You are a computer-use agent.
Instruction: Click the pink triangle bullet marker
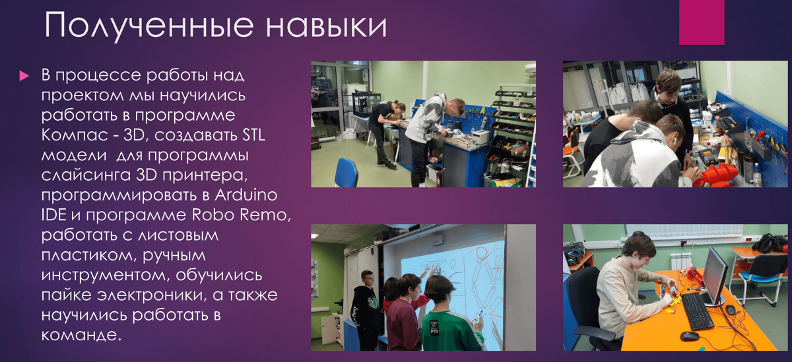(24, 76)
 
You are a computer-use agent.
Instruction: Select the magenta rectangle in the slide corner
(702, 22)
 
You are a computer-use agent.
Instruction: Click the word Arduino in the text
(246, 195)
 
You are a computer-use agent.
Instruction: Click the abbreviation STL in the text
(253, 135)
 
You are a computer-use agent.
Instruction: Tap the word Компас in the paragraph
(75, 136)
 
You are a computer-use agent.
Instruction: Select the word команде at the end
(81, 334)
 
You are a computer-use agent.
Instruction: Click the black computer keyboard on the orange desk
(696, 311)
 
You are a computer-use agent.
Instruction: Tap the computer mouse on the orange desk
(690, 336)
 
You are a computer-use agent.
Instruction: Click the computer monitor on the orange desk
(715, 276)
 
